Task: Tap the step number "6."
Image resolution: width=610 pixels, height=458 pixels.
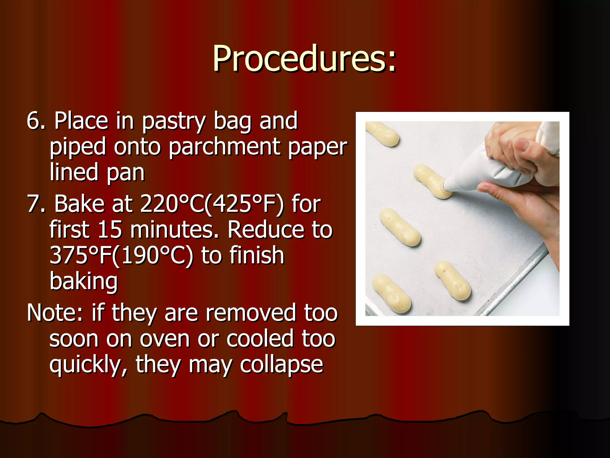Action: click(36, 121)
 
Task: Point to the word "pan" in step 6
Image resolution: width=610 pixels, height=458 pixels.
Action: click(125, 172)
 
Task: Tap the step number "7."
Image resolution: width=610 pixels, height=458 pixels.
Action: click(36, 204)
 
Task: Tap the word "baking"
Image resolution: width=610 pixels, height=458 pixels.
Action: click(84, 281)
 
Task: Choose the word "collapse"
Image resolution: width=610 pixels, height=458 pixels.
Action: click(281, 365)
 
